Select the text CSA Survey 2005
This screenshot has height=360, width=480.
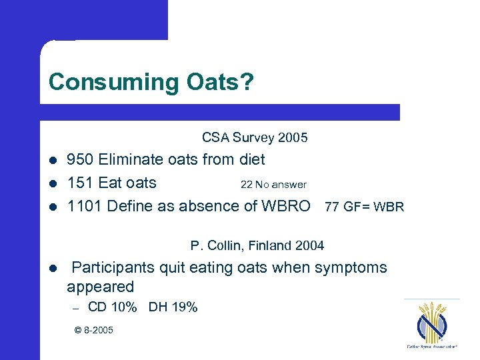click(255, 138)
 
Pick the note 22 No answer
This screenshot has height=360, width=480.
click(273, 185)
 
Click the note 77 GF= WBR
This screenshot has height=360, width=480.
click(364, 207)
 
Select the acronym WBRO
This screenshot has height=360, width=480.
click(287, 206)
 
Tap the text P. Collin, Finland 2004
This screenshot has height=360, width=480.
click(257, 246)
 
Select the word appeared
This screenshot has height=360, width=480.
click(100, 287)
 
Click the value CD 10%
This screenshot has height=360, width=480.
click(113, 307)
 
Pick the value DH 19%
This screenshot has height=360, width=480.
click(173, 307)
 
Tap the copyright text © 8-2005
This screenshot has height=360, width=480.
click(93, 330)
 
